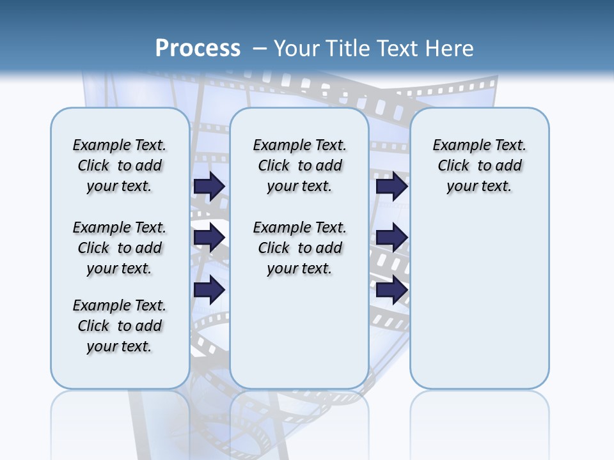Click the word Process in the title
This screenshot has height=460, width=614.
point(198,49)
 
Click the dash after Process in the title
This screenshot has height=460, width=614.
point(259,49)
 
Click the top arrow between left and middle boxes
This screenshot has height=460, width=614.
point(209,186)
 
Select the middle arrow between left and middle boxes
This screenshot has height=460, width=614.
point(209,238)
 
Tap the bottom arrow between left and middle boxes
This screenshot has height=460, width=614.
point(209,290)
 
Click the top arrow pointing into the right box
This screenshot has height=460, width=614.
point(391,186)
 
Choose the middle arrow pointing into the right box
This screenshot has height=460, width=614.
point(391,238)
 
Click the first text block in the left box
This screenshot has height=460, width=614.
point(120,165)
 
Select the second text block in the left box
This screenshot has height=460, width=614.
point(120,248)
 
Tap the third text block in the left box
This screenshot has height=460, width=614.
point(120,326)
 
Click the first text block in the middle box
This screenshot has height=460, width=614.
point(299,165)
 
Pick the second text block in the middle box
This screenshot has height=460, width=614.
point(299,248)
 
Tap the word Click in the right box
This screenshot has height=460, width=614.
point(453,165)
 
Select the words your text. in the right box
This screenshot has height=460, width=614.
point(479,186)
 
